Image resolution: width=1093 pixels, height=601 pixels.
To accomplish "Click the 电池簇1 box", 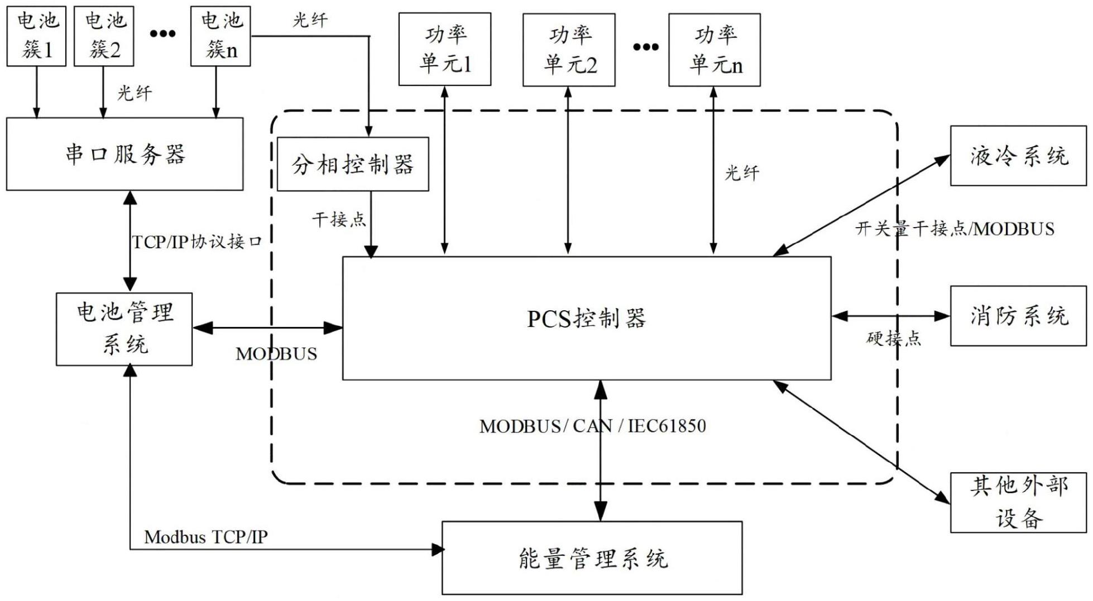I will click(x=36, y=36).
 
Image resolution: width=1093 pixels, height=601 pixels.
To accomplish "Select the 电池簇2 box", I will click(x=104, y=36).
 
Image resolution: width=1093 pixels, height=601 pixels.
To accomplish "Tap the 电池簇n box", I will click(x=220, y=36).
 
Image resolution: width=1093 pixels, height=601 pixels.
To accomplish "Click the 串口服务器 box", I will click(x=124, y=154).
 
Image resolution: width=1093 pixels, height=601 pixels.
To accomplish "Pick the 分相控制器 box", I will click(x=353, y=165).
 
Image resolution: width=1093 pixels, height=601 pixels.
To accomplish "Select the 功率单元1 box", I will click(x=445, y=50).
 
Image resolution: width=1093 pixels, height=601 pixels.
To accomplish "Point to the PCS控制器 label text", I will click(x=586, y=319).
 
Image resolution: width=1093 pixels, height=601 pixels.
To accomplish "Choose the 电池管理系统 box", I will click(x=124, y=329).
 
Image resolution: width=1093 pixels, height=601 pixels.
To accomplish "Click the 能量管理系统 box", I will click(x=592, y=558).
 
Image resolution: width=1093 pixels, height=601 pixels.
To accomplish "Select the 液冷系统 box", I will click(x=1018, y=156).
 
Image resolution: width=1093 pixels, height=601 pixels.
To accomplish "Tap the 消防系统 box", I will click(x=1018, y=316).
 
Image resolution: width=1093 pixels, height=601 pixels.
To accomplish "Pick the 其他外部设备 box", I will click(x=1018, y=502).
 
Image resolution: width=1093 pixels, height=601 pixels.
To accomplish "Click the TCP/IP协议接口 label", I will click(x=196, y=242).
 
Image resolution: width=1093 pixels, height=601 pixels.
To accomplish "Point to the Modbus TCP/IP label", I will click(x=206, y=537).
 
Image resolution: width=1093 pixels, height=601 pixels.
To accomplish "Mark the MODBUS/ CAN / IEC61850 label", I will click(x=592, y=426).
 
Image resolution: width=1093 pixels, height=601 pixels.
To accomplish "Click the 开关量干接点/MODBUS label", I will click(x=955, y=229).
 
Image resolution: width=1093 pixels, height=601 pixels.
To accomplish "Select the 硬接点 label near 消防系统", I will click(x=894, y=338).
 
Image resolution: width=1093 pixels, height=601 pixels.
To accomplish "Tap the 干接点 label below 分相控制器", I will click(x=339, y=219).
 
